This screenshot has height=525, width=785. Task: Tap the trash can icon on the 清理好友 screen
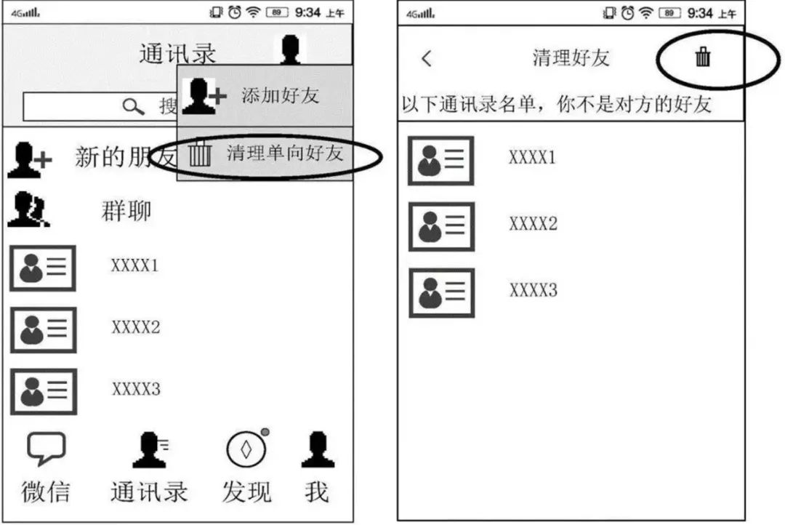(702, 57)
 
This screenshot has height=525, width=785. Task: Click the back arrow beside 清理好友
(427, 59)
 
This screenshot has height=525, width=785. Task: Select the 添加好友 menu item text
(280, 96)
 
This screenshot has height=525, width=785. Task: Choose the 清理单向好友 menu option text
(284, 153)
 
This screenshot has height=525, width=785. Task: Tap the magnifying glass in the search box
(134, 107)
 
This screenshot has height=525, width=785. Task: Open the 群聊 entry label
(126, 211)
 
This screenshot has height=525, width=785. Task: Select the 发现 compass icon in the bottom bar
(246, 450)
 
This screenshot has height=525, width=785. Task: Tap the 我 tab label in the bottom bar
(317, 492)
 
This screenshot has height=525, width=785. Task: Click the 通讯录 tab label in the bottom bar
(149, 492)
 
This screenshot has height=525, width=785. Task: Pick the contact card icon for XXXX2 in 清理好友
(441, 227)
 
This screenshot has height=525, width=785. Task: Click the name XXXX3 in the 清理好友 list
(533, 291)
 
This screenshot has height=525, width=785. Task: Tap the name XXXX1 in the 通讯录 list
(134, 265)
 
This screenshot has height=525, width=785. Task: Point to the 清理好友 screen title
(571, 58)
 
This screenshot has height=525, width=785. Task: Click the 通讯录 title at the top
(177, 54)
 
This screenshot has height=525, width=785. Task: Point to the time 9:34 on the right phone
(700, 12)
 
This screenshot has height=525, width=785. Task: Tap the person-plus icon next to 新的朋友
(29, 159)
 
